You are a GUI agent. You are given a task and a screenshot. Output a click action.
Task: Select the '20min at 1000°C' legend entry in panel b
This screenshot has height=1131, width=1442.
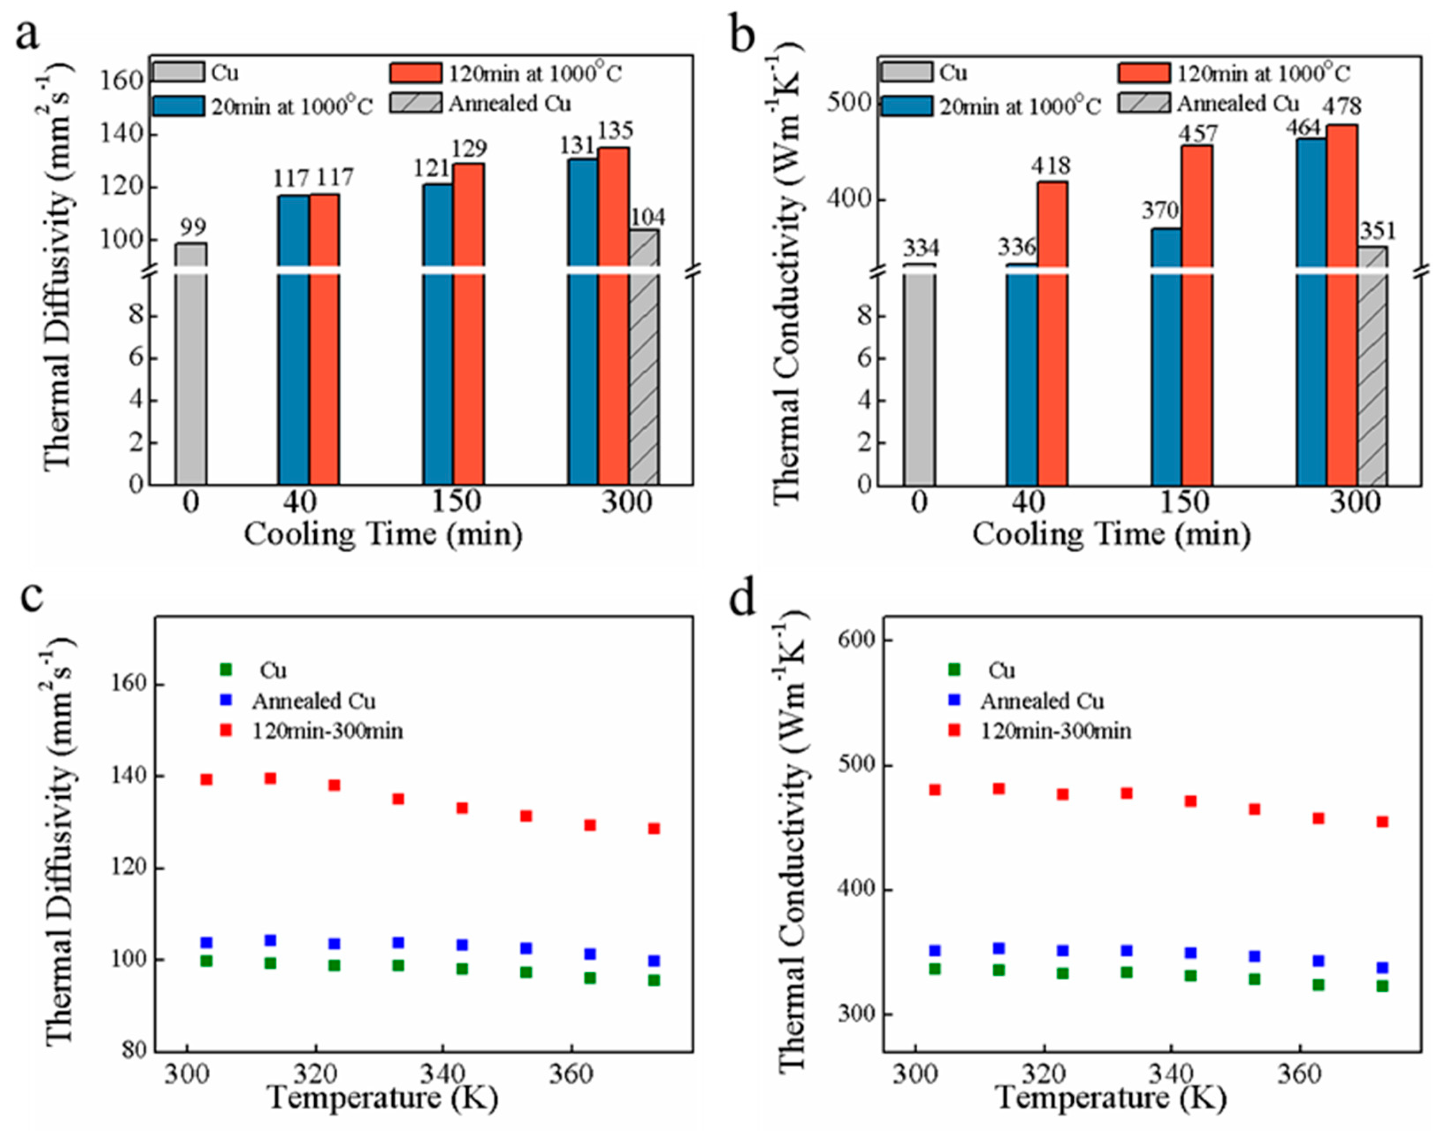click(1019, 106)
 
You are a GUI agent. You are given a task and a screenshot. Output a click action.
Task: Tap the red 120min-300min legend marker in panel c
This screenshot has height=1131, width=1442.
click(226, 730)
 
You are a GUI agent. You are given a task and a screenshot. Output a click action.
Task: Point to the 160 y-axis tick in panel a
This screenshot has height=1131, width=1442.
click(121, 81)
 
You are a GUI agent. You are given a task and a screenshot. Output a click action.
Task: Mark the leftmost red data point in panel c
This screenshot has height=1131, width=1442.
click(206, 780)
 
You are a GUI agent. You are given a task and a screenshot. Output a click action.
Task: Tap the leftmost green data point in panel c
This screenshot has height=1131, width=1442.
click(206, 961)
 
